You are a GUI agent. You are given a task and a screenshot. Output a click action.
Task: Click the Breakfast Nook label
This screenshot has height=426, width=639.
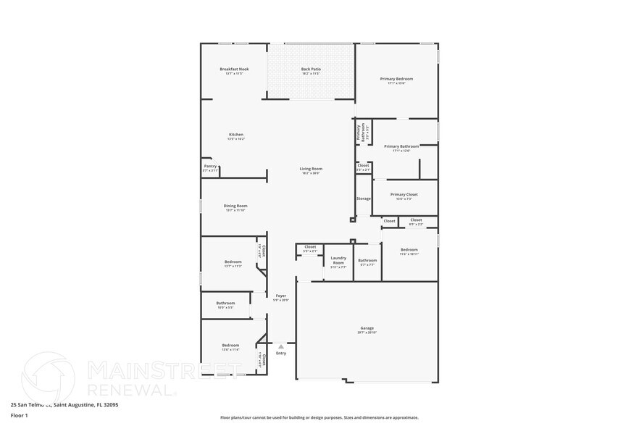tap(234, 69)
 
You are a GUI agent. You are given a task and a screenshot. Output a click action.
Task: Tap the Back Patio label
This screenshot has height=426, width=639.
tap(311, 69)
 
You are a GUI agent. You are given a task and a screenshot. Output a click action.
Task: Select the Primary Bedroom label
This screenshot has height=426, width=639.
tap(396, 78)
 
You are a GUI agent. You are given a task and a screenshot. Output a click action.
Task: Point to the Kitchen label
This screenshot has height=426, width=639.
tap(236, 135)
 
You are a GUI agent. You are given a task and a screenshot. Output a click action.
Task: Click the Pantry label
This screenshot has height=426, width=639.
tap(210, 166)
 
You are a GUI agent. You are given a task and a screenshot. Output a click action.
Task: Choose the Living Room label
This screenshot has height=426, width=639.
tap(312, 169)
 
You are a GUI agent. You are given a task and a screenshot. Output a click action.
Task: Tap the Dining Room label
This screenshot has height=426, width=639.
tap(235, 206)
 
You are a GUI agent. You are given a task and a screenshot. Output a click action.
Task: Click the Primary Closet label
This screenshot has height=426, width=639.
tap(405, 194)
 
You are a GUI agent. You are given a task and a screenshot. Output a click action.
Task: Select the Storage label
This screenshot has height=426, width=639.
tap(363, 199)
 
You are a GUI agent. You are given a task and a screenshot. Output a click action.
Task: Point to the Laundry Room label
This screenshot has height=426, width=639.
tap(338, 260)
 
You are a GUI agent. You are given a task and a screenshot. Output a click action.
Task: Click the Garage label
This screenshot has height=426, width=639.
tap(367, 328)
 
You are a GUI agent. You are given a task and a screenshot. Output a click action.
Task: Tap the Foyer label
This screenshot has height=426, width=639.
tap(280, 296)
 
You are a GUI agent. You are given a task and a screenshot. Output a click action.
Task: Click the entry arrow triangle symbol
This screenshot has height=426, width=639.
tap(281, 346)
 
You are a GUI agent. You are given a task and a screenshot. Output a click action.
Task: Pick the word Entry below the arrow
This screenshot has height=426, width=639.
tap(281, 353)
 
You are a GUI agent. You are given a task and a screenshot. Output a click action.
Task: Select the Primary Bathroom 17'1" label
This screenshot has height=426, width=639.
tap(401, 146)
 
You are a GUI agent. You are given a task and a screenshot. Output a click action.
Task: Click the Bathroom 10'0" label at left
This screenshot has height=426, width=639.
tap(225, 303)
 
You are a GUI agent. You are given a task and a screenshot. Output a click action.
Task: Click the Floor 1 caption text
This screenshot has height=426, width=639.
tap(19, 415)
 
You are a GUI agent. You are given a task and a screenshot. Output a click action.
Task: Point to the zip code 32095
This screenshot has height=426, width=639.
tap(109, 405)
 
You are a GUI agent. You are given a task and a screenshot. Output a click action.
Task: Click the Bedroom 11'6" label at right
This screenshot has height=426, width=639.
tap(409, 250)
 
